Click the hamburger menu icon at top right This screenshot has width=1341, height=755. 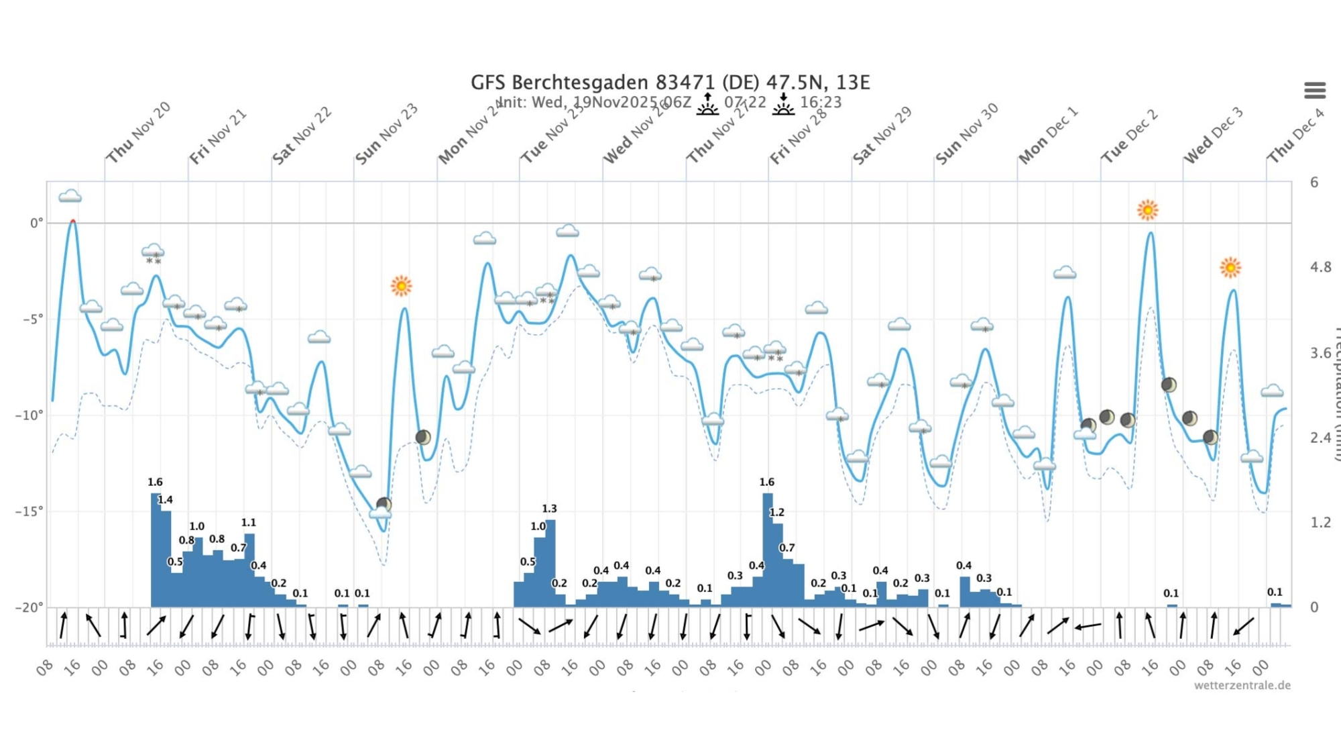[1314, 90]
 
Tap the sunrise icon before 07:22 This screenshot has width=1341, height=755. [707, 104]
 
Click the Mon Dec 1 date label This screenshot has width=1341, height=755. [1048, 135]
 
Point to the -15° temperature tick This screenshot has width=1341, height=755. [28, 511]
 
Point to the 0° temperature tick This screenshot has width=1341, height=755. [36, 223]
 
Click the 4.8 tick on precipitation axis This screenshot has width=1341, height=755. [1320, 267]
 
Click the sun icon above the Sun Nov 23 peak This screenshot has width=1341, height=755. [401, 287]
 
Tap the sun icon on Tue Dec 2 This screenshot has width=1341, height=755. [1147, 210]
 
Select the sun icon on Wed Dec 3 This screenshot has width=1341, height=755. [1230, 268]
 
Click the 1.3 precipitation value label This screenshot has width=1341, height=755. [549, 509]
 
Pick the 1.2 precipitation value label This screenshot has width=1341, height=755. [776, 512]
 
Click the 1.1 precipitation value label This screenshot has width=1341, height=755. [248, 522]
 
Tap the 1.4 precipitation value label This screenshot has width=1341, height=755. [165, 499]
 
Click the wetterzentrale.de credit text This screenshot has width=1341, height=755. [1242, 685]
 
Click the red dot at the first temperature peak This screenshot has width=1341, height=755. [72, 221]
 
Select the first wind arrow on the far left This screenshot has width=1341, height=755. [63, 625]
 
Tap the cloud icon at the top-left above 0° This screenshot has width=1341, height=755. [70, 197]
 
